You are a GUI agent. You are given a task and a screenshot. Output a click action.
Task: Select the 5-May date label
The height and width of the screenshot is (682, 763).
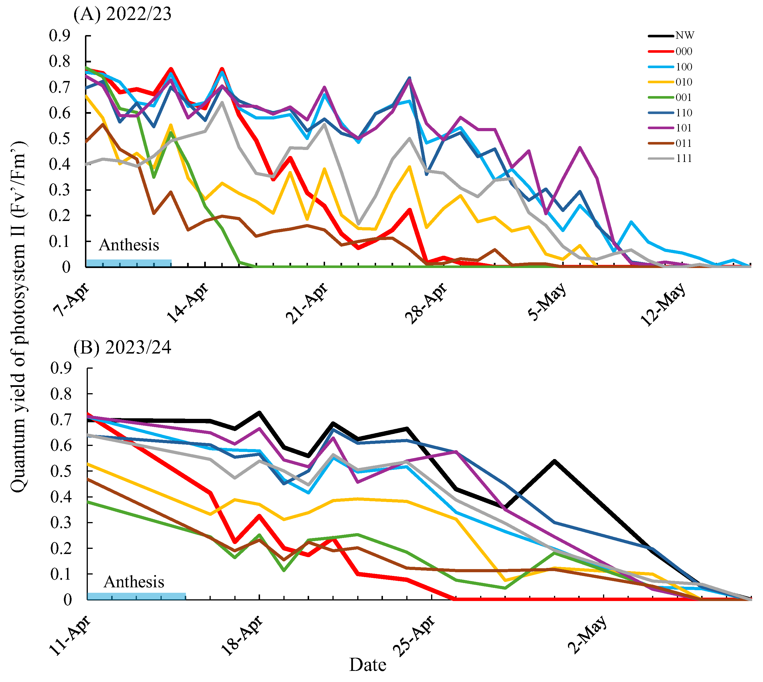[547, 302]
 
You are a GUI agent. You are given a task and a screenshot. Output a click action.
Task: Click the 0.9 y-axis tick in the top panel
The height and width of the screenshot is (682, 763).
[60, 36]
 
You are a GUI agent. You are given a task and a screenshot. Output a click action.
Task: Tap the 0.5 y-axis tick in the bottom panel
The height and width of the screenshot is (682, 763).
[61, 471]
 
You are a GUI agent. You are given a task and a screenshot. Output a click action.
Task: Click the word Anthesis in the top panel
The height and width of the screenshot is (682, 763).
[129, 245]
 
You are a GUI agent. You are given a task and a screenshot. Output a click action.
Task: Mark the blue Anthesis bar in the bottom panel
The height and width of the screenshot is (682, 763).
[136, 596]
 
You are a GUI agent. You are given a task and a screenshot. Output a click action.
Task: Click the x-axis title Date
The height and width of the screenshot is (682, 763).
[368, 665]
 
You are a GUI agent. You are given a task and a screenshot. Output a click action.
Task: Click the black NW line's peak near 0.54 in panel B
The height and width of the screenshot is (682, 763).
[554, 461]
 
